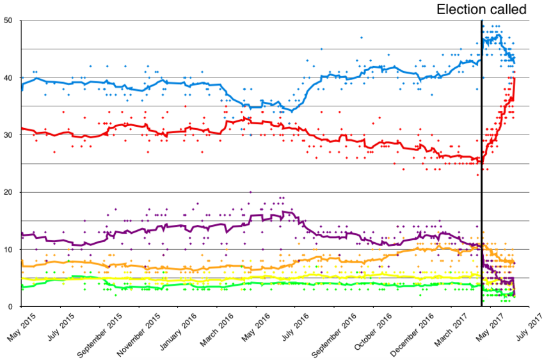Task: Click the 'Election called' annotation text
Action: tap(481, 9)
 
